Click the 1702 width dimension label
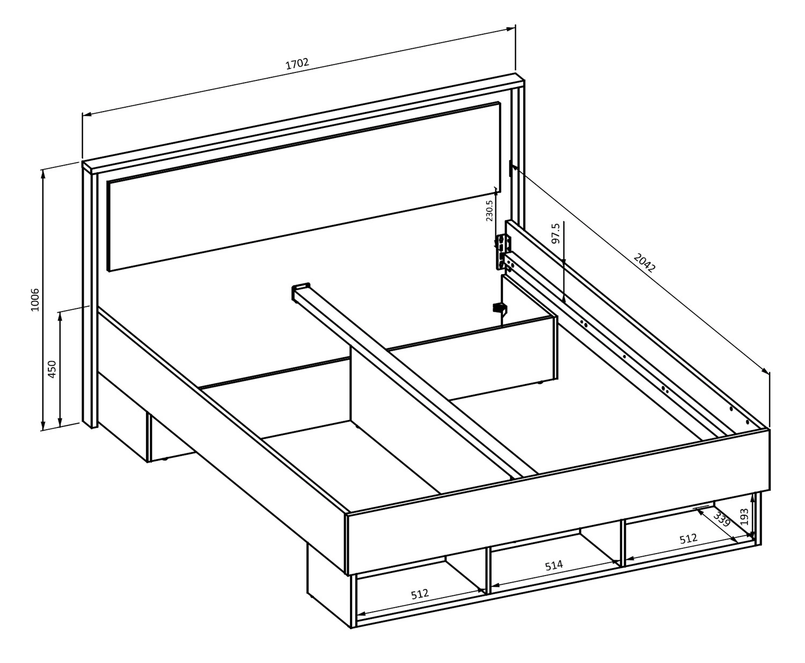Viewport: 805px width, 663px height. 297,64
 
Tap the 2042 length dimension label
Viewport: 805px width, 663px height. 644,262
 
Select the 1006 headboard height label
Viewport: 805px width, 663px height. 35,299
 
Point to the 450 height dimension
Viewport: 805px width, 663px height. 52,369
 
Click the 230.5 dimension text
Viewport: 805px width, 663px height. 489,210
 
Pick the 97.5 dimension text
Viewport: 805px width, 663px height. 555,233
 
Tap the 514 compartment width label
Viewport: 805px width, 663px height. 554,565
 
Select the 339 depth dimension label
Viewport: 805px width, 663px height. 722,519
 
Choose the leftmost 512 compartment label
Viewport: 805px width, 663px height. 420,594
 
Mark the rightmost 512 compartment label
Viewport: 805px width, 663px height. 688,539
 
